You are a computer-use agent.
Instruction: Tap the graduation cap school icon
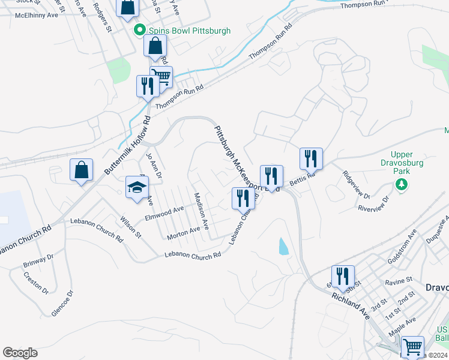coord(137,187)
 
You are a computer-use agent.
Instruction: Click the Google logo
coord(20,353)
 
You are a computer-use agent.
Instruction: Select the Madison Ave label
coord(201,211)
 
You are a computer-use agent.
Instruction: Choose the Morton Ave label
coord(183,232)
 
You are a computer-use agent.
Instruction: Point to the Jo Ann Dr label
coord(154,167)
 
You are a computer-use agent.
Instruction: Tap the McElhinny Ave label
coord(36,14)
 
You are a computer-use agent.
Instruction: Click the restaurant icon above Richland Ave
coord(343,276)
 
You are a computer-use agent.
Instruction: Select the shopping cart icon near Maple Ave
coord(412,347)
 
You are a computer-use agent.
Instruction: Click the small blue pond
coord(283,246)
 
